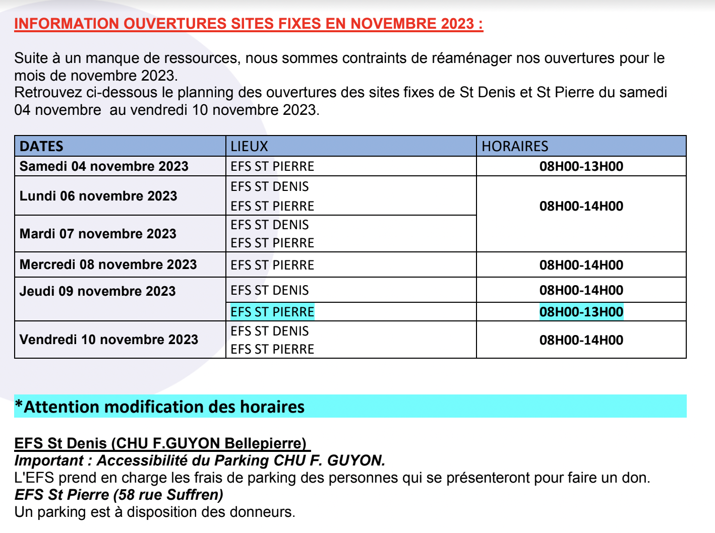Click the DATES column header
41,146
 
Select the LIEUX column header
249,146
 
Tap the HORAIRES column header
514,146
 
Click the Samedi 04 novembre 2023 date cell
104,166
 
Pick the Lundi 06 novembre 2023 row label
98,196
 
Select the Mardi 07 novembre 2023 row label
98,234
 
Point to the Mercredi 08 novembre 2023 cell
108,264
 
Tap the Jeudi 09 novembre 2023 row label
97,291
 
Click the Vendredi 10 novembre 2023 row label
109,340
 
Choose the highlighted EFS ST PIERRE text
272,312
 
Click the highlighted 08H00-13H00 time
581,312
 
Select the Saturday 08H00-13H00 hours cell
581,166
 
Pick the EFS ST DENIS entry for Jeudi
270,290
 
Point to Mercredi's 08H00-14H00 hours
581,265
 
